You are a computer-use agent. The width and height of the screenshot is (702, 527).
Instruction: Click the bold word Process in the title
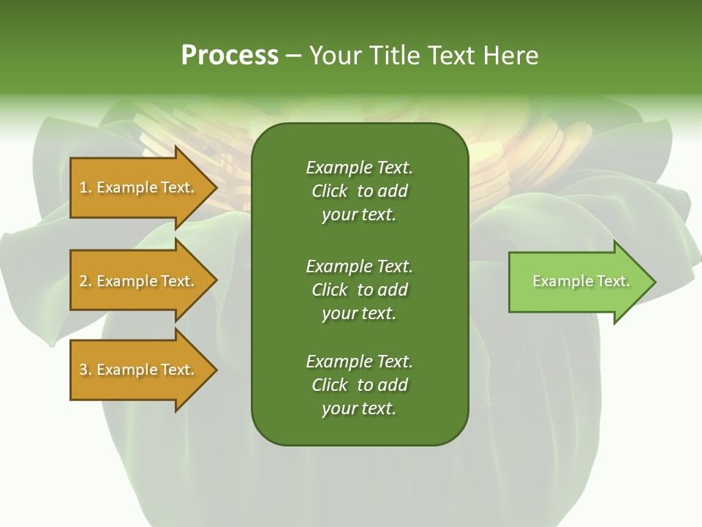pos(230,56)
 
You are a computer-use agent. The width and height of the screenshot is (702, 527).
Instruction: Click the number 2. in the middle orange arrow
pos(85,281)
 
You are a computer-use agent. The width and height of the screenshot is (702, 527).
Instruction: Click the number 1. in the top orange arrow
pos(85,187)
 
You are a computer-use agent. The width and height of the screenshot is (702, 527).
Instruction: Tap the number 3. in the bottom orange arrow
pos(85,370)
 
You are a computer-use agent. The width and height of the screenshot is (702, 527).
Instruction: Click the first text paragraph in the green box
pos(359,191)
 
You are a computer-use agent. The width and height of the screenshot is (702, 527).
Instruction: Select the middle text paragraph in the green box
pos(359,289)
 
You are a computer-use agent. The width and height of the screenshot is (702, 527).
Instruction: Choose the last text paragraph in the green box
pos(359,385)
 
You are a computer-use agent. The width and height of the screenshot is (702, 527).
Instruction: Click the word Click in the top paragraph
pos(330,191)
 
